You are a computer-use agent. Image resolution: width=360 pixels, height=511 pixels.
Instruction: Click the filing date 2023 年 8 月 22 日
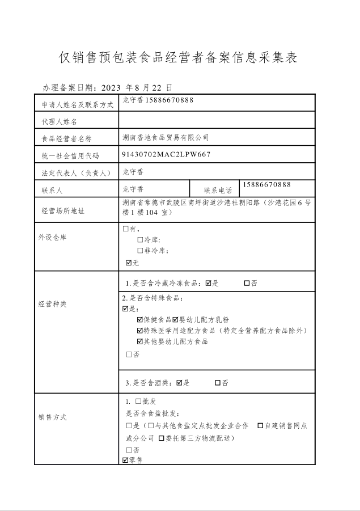135,87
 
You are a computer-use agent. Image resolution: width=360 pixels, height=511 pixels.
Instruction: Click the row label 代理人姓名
59,121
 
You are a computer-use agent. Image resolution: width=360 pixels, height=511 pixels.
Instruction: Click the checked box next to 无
129,263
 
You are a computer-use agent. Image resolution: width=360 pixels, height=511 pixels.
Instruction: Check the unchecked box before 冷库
140,240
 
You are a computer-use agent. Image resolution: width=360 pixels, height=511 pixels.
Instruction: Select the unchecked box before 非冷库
140,250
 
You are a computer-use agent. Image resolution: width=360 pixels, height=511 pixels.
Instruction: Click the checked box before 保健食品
140,320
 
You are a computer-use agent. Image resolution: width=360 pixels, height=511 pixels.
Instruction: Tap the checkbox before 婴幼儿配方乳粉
175,320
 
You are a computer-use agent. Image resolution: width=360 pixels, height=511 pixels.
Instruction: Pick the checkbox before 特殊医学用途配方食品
140,331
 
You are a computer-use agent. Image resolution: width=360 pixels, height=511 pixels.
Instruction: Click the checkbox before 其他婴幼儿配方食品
140,341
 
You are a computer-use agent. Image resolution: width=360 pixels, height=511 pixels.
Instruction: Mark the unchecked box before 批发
138,402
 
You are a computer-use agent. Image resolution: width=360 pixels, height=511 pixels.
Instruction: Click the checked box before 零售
125,460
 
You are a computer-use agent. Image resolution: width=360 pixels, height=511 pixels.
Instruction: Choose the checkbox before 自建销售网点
260,425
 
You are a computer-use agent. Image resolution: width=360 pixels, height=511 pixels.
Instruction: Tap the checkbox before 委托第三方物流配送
162,438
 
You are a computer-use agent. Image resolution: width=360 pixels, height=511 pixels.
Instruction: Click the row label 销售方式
53,417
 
